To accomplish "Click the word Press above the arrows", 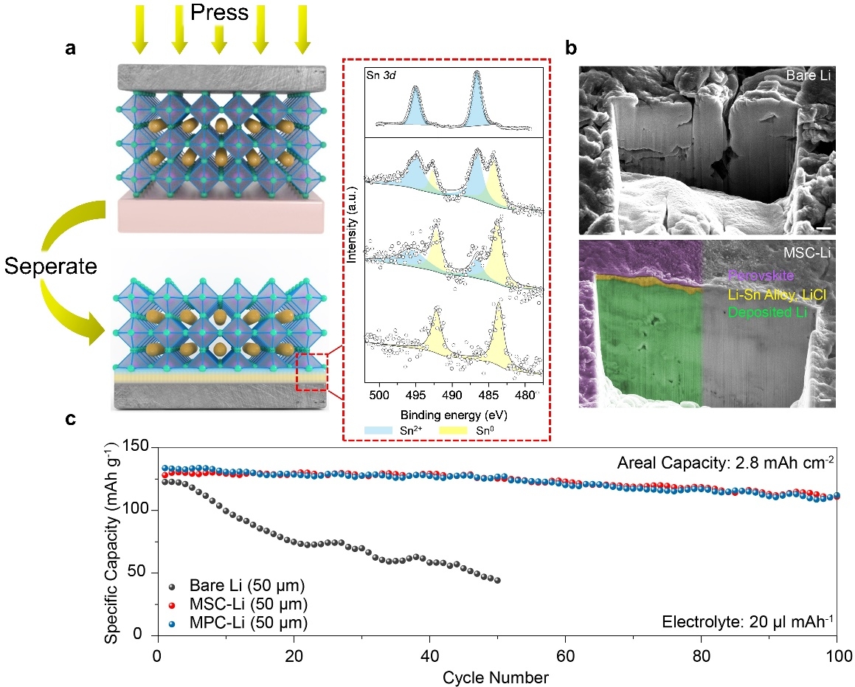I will pos(218,13).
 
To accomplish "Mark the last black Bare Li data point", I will pos(496,580).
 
